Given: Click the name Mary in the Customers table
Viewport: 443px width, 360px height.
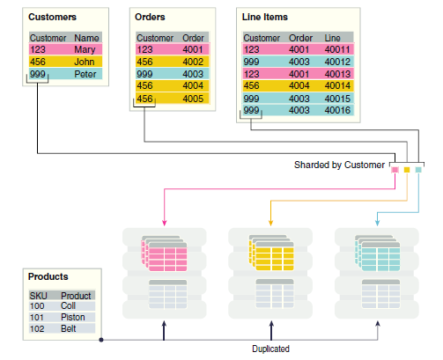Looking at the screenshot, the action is pyautogui.click(x=85, y=49).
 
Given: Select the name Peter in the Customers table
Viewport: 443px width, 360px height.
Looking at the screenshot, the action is pyautogui.click(x=85, y=74).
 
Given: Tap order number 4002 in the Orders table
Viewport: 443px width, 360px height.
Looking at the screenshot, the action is pyautogui.click(x=193, y=62).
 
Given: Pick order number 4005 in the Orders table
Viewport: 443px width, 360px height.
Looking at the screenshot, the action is pyautogui.click(x=193, y=99).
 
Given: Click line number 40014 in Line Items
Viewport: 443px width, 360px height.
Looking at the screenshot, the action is pyautogui.click(x=337, y=85).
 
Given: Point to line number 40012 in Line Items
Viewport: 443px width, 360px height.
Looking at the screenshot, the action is pyautogui.click(x=337, y=62).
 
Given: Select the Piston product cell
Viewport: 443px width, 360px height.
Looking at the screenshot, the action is pyautogui.click(x=73, y=317).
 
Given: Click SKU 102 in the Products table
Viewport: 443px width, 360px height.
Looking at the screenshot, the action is pyautogui.click(x=37, y=328).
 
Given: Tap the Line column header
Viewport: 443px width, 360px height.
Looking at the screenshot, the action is pyautogui.click(x=332, y=38).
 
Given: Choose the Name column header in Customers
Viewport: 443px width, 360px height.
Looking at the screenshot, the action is pyautogui.click(x=86, y=38).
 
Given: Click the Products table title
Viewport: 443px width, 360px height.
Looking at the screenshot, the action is pyautogui.click(x=48, y=276).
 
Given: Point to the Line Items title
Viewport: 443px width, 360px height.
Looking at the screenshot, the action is pyautogui.click(x=265, y=17).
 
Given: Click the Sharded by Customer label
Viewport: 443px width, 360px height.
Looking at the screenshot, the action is pyautogui.click(x=339, y=165).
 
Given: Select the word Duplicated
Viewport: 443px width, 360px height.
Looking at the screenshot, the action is pyautogui.click(x=270, y=349).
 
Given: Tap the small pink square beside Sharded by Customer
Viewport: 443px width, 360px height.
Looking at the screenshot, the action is pyautogui.click(x=395, y=170).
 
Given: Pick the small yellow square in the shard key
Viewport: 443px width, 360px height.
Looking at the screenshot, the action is pyautogui.click(x=407, y=170).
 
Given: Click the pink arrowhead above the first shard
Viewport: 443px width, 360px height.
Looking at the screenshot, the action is pyautogui.click(x=165, y=223).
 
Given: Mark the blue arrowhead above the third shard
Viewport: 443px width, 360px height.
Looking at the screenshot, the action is pyautogui.click(x=378, y=223).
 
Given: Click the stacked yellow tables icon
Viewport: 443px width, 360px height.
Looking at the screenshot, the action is pyautogui.click(x=271, y=253).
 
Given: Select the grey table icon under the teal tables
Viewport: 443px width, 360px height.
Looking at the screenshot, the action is pyautogui.click(x=380, y=294).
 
